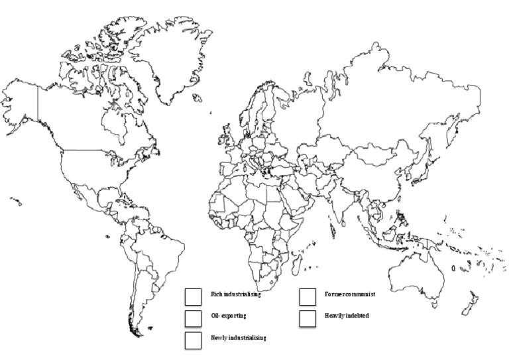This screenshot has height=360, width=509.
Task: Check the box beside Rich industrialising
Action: (x=194, y=296)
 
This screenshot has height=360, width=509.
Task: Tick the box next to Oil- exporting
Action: (x=194, y=318)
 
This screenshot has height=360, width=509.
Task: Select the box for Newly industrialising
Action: (x=194, y=340)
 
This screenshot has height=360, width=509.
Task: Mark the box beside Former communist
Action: (x=307, y=296)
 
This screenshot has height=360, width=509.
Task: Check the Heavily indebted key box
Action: (x=307, y=318)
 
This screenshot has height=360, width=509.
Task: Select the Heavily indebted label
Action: (x=347, y=316)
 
